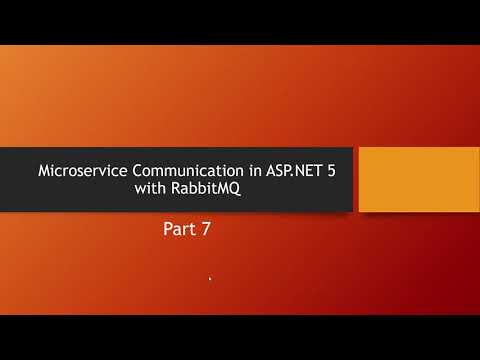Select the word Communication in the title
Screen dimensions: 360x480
coord(171,170)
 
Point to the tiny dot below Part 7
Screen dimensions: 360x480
coord(210,280)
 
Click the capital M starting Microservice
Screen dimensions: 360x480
coord(42,170)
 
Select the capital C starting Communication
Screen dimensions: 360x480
coord(123,170)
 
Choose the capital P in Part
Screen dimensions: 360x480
coord(168,230)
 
